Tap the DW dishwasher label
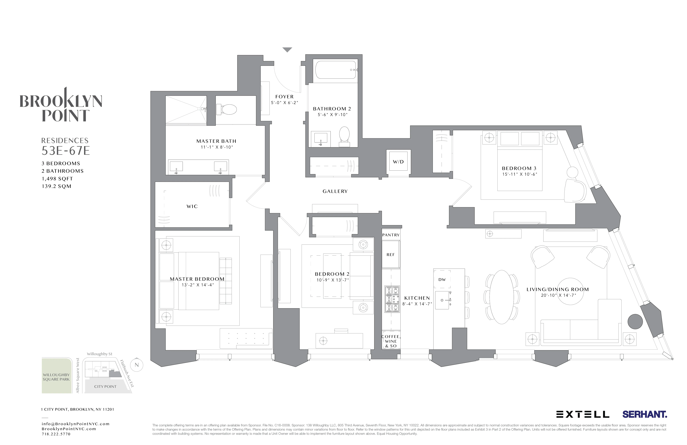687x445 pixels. click(442, 279)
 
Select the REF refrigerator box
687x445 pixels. click(391, 255)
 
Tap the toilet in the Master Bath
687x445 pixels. click(227, 109)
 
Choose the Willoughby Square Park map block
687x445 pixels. click(57, 376)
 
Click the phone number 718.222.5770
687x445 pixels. click(56, 434)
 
